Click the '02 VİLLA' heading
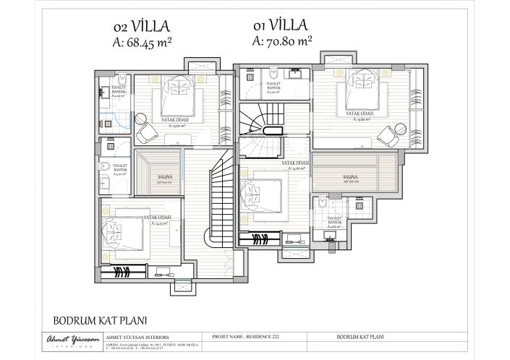(142, 27)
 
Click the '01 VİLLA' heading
(282, 25)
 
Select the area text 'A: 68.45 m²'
(143, 43)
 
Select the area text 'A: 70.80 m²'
(283, 41)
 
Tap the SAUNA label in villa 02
(165, 176)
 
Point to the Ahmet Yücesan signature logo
(66, 340)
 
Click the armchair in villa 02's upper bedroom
(146, 132)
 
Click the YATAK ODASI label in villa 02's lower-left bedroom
(157, 217)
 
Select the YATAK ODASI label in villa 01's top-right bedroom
(360, 113)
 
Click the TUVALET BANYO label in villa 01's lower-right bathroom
(333, 219)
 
